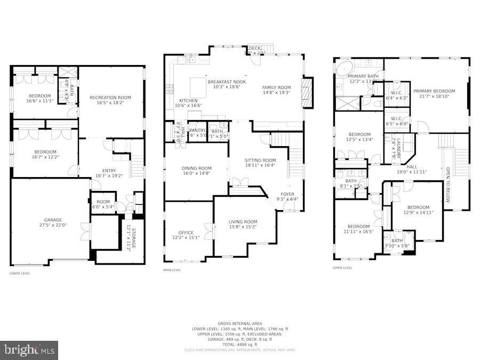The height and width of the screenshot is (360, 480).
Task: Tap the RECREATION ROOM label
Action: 110,98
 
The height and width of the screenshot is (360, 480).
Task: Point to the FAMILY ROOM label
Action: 276,87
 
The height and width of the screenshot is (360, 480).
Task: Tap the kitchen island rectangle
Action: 198,86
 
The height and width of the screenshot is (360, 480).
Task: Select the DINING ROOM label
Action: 196,169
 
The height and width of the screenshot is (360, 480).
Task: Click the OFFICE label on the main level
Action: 186,233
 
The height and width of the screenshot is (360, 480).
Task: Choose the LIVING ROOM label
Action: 243,222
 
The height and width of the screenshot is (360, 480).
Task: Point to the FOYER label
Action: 287,194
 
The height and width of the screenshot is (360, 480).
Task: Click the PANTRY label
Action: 197,130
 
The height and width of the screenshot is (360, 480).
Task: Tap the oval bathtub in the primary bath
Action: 344,68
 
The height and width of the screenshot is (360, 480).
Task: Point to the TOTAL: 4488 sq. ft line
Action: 239,343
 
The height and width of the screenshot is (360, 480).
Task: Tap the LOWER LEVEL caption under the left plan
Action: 20,274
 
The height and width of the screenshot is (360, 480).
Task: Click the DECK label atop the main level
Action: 254,49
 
